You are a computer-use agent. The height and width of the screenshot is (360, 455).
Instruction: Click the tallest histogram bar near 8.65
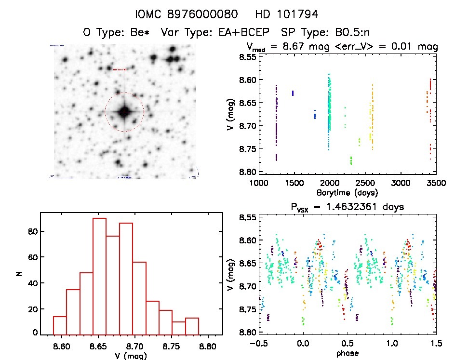pos(99,276)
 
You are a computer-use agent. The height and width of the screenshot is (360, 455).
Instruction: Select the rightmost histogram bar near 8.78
pos(192,326)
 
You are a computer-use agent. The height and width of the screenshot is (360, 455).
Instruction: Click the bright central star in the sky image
pos(124,112)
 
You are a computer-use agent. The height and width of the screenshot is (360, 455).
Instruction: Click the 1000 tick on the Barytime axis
pos(259,183)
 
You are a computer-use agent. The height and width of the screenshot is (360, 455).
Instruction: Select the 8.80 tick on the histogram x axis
pos(208,346)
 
